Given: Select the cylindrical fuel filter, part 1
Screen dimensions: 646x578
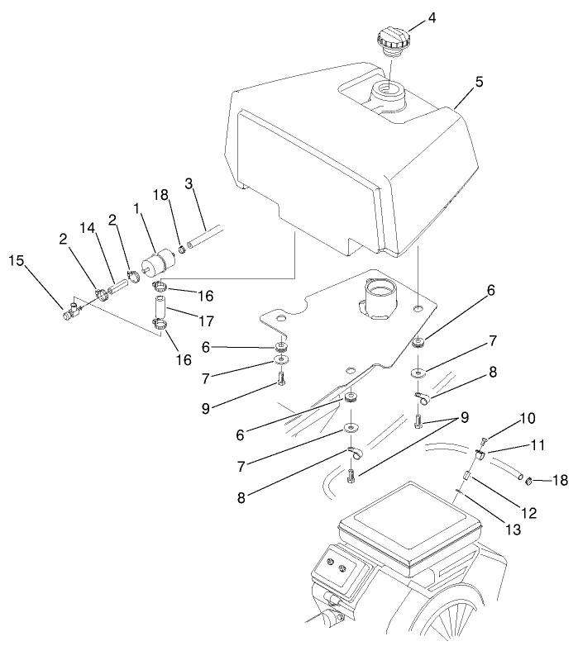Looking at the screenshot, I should point(158,259).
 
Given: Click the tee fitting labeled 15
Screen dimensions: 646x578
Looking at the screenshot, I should point(70,311).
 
